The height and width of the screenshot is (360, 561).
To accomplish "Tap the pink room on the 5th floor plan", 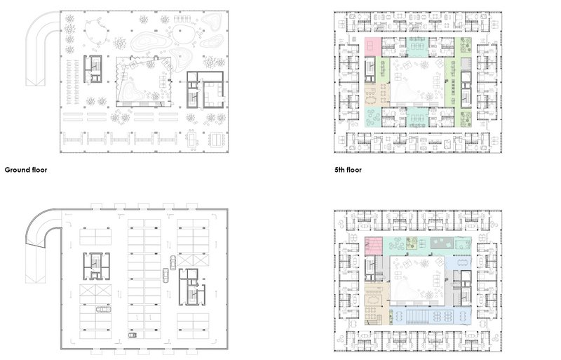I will click(372, 45).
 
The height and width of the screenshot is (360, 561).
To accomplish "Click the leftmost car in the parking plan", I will click(102, 308).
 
